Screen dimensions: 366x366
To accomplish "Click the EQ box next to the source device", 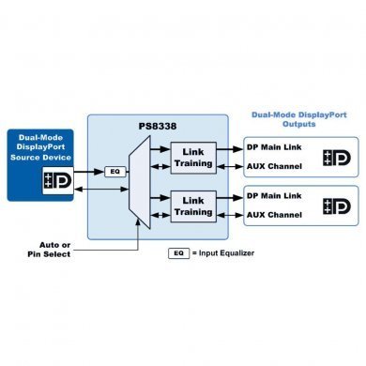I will point(114,171).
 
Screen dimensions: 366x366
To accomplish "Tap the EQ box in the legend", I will point(178,253).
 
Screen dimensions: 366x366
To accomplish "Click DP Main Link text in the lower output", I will point(275,194).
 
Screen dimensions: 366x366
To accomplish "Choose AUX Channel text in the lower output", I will point(274,214).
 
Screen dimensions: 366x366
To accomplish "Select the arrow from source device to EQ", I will point(92,171).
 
